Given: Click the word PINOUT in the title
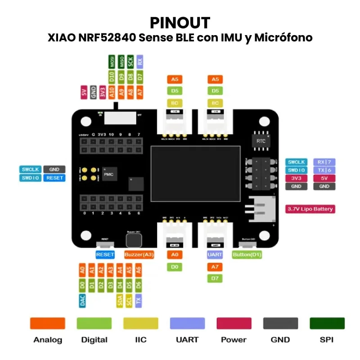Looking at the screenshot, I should pos(180,22).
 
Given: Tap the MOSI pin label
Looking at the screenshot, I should pos(112,62).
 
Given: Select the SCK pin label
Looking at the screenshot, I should pos(130,62).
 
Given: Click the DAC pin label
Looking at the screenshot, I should pos(82,301).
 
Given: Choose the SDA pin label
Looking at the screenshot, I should pos(120,301).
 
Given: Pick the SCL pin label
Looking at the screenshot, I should pos(129,301).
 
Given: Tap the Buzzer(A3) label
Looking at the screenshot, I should pos(139,255).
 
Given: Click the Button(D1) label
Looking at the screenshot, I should pos(247,255).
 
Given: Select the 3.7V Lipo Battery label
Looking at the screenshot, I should pos(310,209).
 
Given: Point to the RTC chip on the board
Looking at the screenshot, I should pos(261,141).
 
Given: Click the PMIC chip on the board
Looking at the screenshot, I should pos(108,174).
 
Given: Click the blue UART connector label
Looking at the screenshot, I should pos(215,255).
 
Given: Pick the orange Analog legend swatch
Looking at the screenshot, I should pos(47,323).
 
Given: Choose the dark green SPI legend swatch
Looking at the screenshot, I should pos(327,323).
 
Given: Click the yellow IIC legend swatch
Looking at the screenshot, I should pos(141,323).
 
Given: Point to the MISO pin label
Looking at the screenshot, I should pos(121,62).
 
